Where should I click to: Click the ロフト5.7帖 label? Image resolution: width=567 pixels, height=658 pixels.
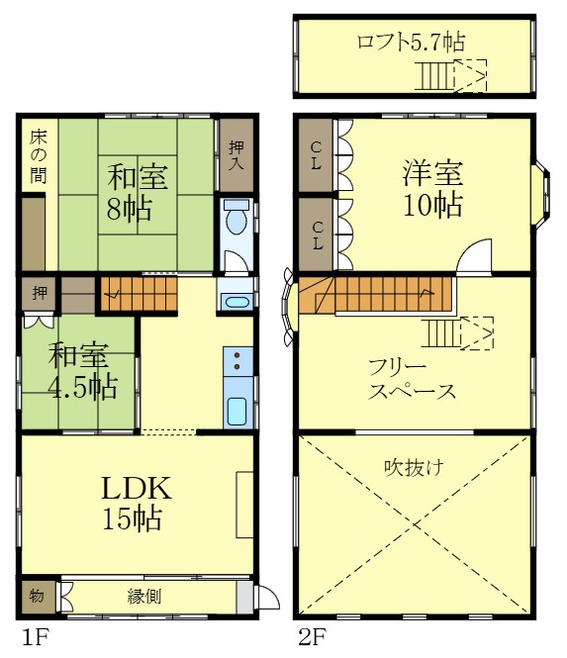pyautogui.click(x=411, y=42)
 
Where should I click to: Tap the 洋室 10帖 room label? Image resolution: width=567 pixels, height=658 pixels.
pyautogui.click(x=432, y=189)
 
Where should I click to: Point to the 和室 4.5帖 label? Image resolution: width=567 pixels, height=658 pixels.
pyautogui.click(x=82, y=370)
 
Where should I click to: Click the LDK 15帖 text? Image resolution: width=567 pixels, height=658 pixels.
pyautogui.click(x=137, y=502)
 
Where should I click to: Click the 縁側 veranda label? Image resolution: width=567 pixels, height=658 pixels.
pyautogui.click(x=144, y=597)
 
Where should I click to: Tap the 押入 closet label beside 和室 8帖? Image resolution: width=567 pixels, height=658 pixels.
pyautogui.click(x=236, y=154)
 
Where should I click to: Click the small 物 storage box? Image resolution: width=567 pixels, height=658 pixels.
pyautogui.click(x=37, y=596)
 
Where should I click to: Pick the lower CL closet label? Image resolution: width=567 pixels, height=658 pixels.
pyautogui.click(x=316, y=235)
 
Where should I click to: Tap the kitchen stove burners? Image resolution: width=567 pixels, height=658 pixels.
pyautogui.click(x=237, y=361)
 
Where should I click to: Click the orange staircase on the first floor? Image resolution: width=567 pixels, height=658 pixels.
pyautogui.click(x=139, y=293)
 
